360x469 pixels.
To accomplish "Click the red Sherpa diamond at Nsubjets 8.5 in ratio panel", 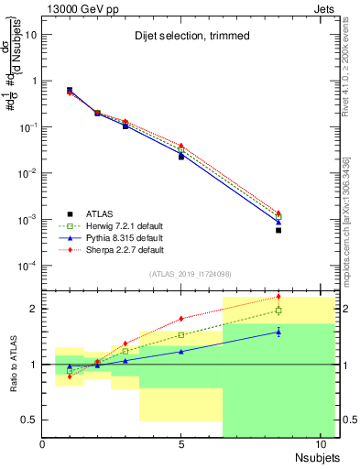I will coord(278,297).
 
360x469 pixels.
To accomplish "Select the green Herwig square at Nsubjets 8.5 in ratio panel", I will coord(278,311).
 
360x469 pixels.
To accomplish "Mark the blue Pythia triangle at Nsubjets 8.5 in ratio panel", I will coord(278,332).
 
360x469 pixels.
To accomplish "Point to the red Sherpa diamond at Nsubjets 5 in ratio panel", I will coord(181,319).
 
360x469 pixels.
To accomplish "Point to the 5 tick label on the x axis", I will coord(181,446).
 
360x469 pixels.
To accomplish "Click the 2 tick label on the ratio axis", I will coord(33,309).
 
